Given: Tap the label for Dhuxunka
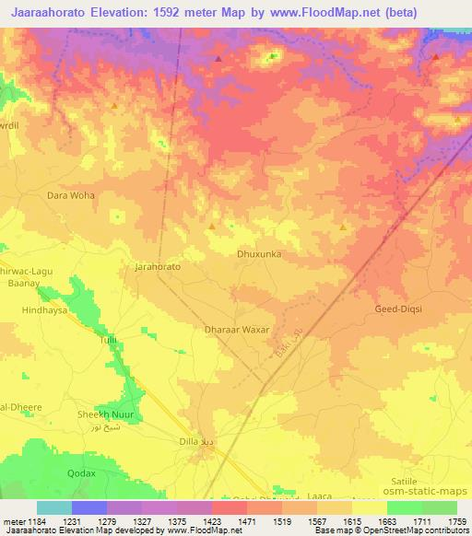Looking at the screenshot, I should pos(258,251).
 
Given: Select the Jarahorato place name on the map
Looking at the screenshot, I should pos(158,266).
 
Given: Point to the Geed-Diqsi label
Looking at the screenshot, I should pos(399,309).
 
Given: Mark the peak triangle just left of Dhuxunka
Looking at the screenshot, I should pos(213,226).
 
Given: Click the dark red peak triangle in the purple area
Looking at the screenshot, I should pos(218,60).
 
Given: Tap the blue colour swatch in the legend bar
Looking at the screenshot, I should pos(89,507).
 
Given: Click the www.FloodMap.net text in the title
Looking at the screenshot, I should pos(311,13).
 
